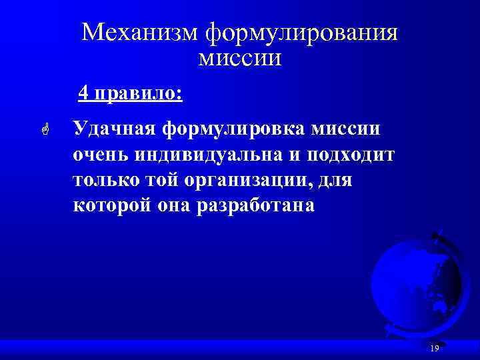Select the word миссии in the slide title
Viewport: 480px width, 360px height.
click(x=240, y=58)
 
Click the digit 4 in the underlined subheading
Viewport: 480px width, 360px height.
click(x=83, y=92)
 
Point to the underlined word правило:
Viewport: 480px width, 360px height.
click(x=137, y=93)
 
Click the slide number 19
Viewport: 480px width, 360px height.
click(x=435, y=349)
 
